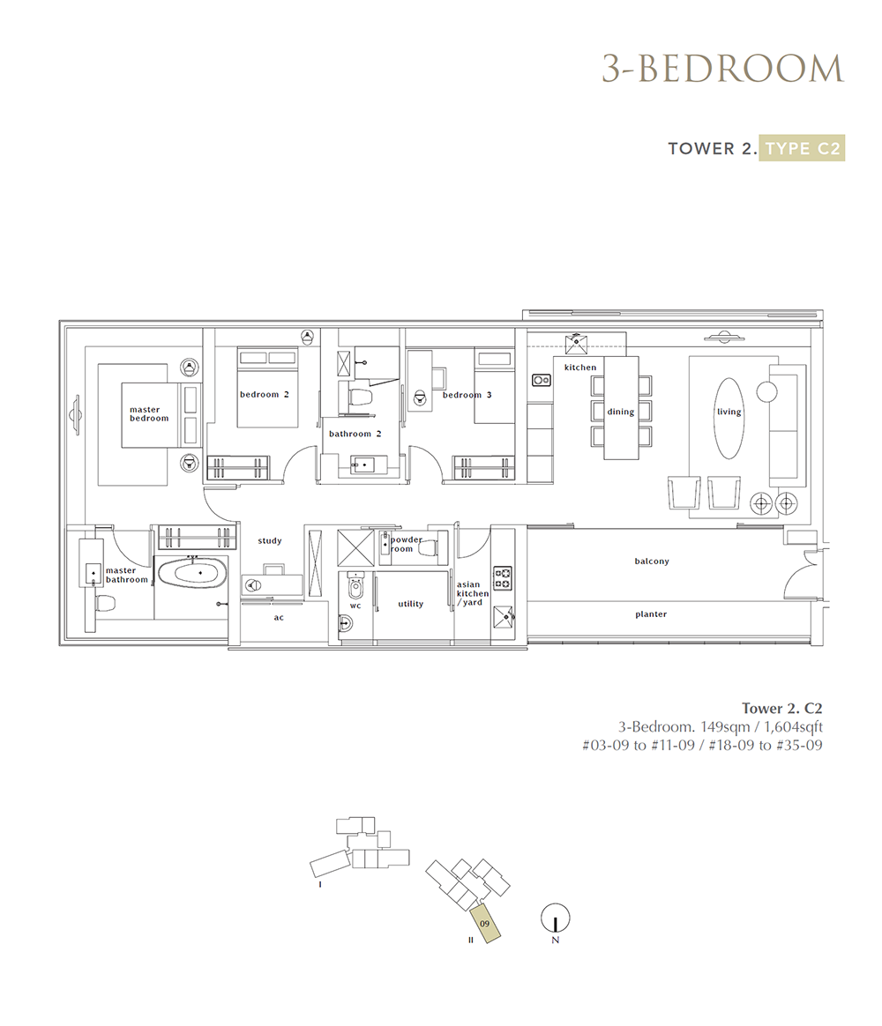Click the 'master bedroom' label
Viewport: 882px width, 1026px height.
point(149,414)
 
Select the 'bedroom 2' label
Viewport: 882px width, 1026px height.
point(264,395)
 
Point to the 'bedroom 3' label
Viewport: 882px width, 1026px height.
point(467,395)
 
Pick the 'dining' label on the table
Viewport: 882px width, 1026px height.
point(620,412)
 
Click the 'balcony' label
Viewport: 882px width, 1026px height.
point(652,561)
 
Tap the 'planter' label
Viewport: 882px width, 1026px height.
point(651,614)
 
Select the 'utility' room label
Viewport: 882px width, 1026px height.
point(410,604)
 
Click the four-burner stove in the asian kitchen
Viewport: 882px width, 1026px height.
point(502,577)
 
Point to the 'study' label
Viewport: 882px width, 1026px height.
point(270,541)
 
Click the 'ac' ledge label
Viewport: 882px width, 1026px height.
point(279,618)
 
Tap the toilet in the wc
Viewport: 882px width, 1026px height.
point(355,588)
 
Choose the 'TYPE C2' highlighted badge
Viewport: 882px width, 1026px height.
point(802,149)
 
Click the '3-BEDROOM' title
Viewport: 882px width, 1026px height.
point(723,69)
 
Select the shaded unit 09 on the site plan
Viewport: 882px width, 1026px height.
point(486,924)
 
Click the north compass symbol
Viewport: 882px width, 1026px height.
point(556,918)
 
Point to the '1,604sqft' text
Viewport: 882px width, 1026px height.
point(793,727)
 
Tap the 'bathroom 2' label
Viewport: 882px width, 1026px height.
point(355,434)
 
